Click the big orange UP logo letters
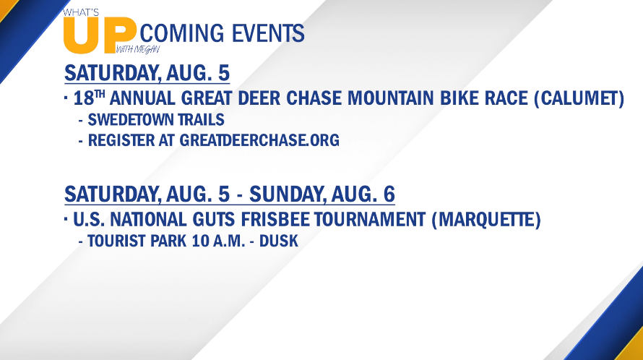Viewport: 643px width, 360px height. (100, 35)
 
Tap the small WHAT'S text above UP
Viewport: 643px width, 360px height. (81, 12)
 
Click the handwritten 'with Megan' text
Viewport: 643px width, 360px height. (138, 50)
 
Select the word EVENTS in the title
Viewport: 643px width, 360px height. (268, 33)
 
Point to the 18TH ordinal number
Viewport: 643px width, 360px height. (89, 98)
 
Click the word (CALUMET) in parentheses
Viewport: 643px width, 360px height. (579, 98)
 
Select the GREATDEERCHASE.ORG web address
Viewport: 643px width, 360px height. (259, 140)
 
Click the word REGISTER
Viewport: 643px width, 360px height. (122, 140)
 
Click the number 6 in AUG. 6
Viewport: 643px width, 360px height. (389, 194)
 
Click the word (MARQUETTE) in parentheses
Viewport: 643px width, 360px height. (486, 219)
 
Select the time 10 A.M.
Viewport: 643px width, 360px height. (218, 241)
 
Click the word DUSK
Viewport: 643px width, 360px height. (278, 241)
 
